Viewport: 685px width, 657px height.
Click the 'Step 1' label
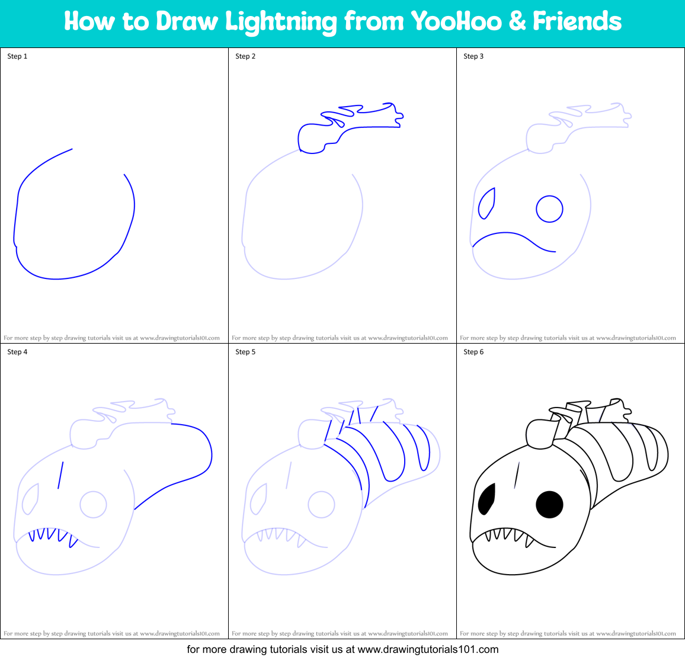click(x=17, y=56)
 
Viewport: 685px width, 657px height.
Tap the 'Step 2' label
click(x=245, y=56)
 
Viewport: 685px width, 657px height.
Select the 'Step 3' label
click(x=473, y=56)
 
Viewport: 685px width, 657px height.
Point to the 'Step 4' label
click(x=17, y=352)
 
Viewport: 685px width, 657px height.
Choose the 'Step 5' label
click(x=245, y=352)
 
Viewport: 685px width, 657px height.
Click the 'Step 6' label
click(x=473, y=352)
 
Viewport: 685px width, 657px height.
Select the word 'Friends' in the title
click(x=577, y=21)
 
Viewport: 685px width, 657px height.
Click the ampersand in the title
click(x=517, y=22)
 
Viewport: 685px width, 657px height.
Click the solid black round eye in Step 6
click(x=549, y=504)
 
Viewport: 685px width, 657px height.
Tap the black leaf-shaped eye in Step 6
click(x=486, y=499)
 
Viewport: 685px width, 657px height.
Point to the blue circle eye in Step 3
click(x=549, y=209)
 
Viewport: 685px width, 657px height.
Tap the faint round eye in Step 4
click(x=93, y=505)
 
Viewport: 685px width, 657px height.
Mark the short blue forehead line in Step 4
click(x=60, y=476)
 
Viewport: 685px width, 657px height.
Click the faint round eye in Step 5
click(x=321, y=505)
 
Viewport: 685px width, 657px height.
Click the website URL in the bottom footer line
click(x=428, y=649)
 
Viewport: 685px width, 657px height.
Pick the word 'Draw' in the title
click(x=187, y=21)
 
